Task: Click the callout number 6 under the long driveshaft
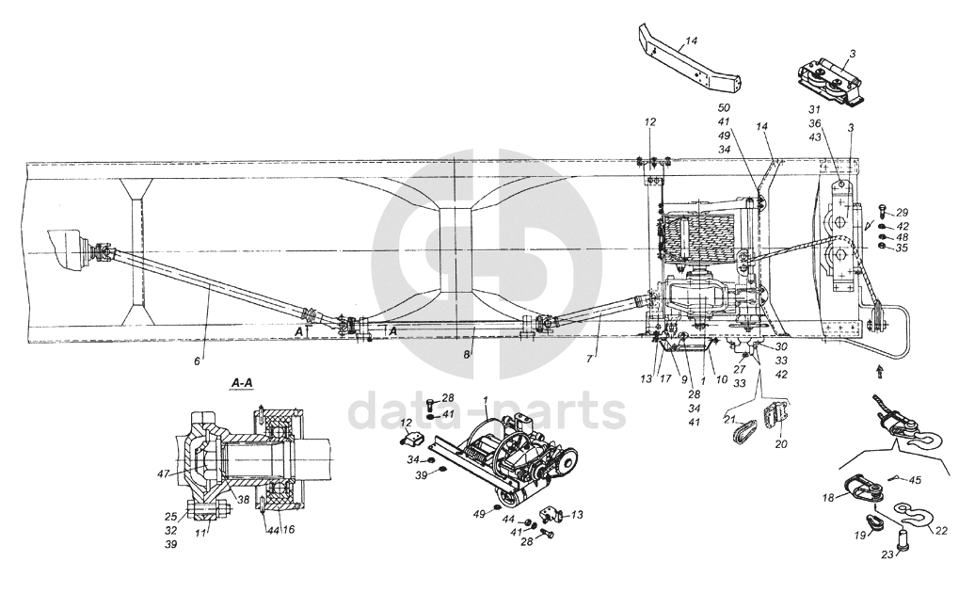coord(197,361)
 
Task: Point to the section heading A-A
coord(241,384)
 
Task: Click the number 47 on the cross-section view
coord(164,473)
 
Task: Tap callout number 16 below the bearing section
coord(289,530)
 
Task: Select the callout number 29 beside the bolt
coord(903,214)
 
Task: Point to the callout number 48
coord(903,237)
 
